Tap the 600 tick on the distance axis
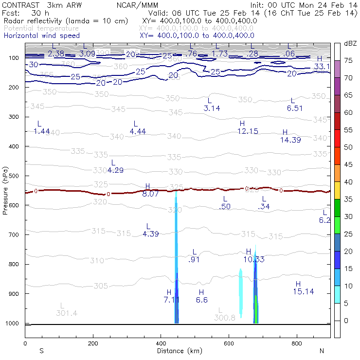pyautogui.click(x=229, y=343)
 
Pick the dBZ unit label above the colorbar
pyautogui.click(x=349, y=43)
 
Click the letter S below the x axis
pyautogui.click(x=41, y=351)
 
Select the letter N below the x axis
pyautogui.click(x=321, y=351)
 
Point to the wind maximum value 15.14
pyautogui.click(x=303, y=291)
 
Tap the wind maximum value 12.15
pyautogui.click(x=248, y=131)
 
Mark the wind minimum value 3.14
pyautogui.click(x=212, y=108)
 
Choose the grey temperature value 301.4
pyautogui.click(x=67, y=313)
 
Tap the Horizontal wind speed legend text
pyautogui.click(x=41, y=36)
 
